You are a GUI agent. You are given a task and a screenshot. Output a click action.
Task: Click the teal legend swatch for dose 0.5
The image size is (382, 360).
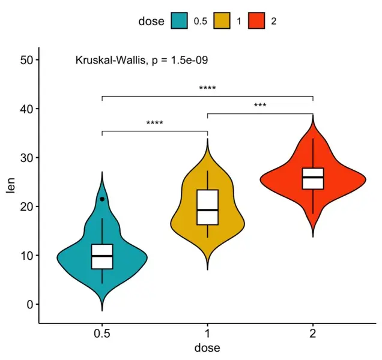pyautogui.click(x=179, y=21)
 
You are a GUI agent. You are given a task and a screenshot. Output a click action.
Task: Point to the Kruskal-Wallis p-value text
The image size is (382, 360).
pyautogui.click(x=142, y=60)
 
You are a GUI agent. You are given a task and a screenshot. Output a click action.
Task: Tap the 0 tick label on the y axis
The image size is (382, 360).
pyautogui.click(x=29, y=304)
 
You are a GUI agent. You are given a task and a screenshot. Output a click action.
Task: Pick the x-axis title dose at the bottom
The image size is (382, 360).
pyautogui.click(x=207, y=348)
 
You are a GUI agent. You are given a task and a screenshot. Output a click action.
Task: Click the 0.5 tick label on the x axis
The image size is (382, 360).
pyautogui.click(x=102, y=334)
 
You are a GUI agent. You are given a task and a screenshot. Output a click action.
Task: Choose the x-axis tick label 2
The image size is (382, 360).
pyautogui.click(x=313, y=334)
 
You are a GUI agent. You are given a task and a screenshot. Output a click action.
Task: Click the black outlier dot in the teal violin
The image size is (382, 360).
pyautogui.click(x=102, y=199)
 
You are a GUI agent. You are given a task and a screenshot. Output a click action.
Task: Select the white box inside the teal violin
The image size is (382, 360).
pyautogui.click(x=102, y=256)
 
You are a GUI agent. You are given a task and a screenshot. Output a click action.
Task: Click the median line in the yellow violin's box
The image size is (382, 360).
pyautogui.click(x=207, y=210)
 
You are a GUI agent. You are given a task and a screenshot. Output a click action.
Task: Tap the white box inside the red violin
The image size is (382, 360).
pyautogui.click(x=313, y=178)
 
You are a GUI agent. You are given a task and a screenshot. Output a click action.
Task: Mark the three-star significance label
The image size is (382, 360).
pyautogui.click(x=260, y=106)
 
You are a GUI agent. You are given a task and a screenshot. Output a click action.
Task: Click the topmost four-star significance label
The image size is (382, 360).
pyautogui.click(x=207, y=89)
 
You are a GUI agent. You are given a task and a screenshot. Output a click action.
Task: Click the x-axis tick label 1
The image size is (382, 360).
pyautogui.click(x=207, y=334)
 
